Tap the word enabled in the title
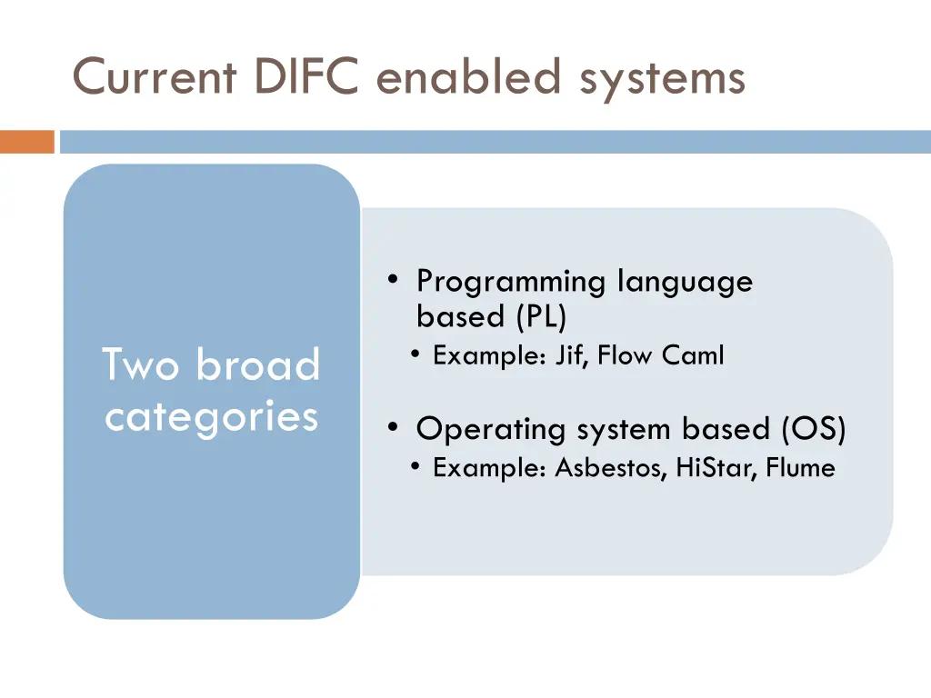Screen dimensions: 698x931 (469, 76)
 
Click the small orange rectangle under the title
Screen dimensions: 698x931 (27, 142)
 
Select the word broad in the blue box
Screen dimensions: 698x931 (258, 365)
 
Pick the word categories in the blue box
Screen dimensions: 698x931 (211, 417)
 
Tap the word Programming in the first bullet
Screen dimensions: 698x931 (511, 283)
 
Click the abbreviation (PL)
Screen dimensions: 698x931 (541, 317)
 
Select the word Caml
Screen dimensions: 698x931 (693, 355)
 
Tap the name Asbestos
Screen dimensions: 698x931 (612, 468)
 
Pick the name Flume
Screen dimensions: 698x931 (800, 468)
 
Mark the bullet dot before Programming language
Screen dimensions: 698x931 (392, 281)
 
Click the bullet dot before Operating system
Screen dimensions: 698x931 (392, 427)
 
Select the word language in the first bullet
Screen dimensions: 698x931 (685, 283)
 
